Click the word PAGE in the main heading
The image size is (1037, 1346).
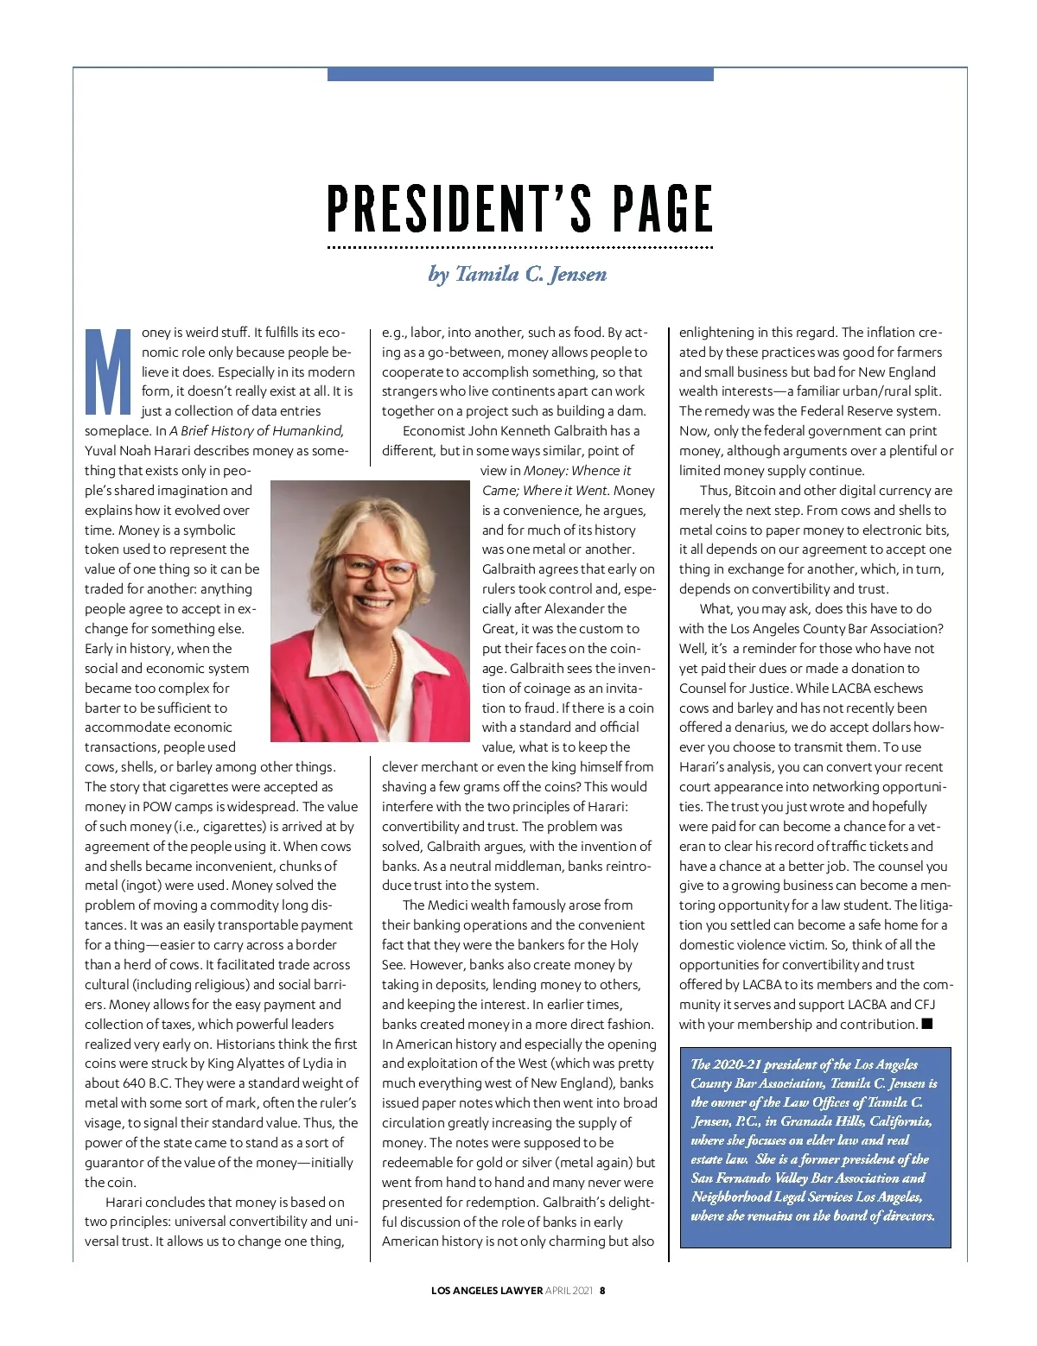(x=662, y=209)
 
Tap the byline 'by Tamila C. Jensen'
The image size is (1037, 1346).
(x=518, y=274)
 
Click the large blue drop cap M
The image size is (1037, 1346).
(x=109, y=371)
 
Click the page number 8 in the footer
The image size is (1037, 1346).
(x=602, y=1291)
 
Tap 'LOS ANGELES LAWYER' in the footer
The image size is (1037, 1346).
(x=487, y=1291)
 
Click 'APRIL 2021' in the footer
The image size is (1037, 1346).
(x=569, y=1291)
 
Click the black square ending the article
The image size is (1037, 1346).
(x=927, y=1024)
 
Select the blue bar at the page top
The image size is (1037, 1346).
(x=520, y=74)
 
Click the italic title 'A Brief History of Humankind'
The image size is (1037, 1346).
(x=256, y=431)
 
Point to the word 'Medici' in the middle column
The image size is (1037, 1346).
(x=449, y=905)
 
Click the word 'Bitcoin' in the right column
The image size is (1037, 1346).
(x=756, y=491)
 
